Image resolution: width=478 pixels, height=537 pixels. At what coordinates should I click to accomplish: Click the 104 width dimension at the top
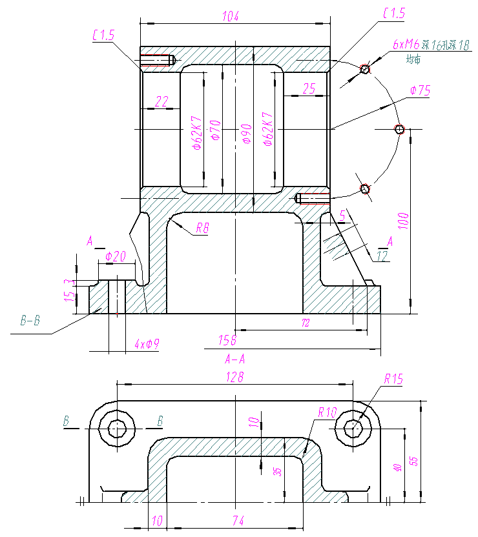(230, 16)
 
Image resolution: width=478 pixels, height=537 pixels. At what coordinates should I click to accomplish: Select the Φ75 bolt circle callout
(420, 91)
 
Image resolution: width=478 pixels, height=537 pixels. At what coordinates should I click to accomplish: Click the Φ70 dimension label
(216, 128)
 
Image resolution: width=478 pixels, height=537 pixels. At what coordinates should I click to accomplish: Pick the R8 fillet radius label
(202, 228)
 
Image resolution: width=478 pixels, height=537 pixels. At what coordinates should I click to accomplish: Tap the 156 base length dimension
(227, 339)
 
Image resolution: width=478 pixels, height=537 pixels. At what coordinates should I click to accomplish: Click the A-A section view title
(234, 359)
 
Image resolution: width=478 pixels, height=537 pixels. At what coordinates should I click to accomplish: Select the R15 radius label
(393, 380)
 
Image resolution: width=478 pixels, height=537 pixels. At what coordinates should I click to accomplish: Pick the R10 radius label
(327, 412)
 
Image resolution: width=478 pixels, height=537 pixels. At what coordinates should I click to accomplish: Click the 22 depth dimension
(161, 101)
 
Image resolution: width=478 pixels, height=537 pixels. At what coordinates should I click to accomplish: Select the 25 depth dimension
(309, 89)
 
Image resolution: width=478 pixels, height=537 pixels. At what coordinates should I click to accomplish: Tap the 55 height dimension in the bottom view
(415, 461)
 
